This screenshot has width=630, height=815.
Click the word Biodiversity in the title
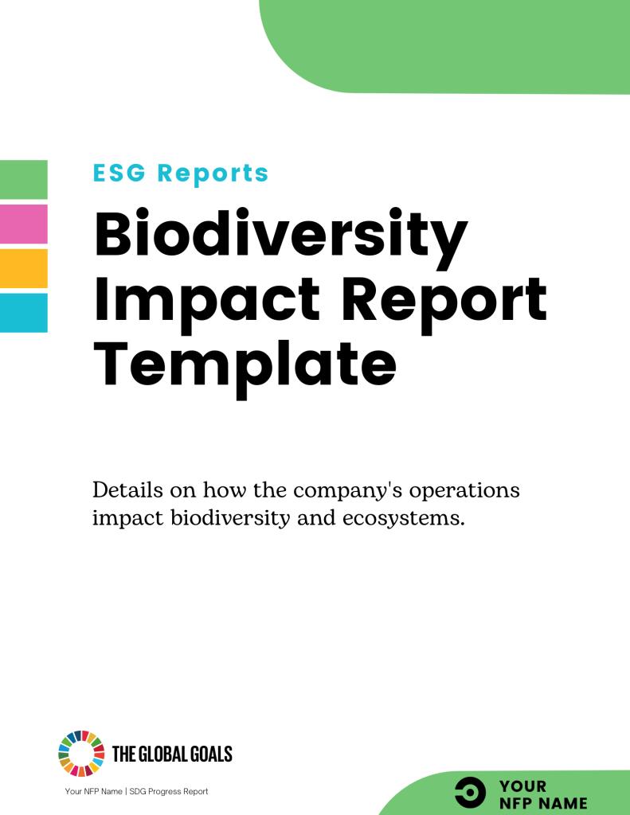point(280,234)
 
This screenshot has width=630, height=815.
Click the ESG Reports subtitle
point(181,173)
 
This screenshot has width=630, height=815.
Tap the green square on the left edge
point(23,179)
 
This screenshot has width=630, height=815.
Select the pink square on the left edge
point(23,224)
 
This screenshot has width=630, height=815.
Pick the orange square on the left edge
point(23,268)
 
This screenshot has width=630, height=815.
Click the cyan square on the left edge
point(23,313)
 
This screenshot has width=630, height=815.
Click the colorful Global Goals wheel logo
point(81,753)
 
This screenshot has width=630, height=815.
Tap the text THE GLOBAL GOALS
point(173,754)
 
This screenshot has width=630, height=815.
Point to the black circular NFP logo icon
point(470,793)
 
